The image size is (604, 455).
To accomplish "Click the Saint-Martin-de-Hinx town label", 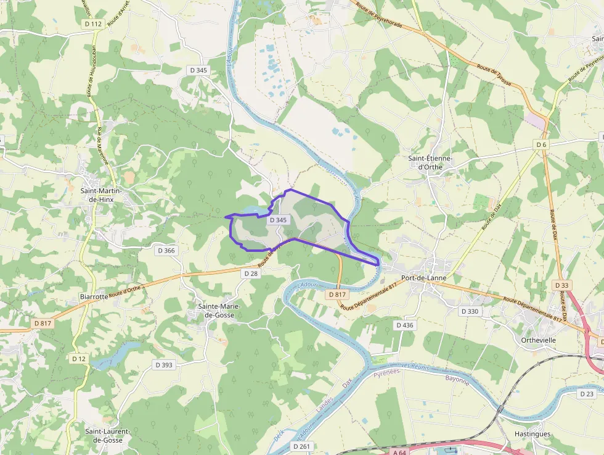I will coord(100,195).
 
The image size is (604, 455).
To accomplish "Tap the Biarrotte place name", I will coord(94,296).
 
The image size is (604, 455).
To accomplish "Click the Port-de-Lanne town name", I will coord(423,278).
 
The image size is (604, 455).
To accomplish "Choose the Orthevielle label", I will coord(538,340).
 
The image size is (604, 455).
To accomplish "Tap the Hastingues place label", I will coord(533,434).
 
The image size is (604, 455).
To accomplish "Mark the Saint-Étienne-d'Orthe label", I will coord(430,162).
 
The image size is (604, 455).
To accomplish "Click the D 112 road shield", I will coord(93,23).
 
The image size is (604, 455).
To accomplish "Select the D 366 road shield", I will coord(166,251).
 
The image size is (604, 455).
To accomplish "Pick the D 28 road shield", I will coord(250,273).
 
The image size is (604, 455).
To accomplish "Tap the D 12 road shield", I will coord(78,359).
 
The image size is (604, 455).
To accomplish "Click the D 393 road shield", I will coord(164,365).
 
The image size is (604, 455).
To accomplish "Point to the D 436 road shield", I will coord(404,325).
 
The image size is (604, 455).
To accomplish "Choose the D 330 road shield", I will coord(470,311).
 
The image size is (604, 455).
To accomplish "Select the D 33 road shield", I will coord(561,285).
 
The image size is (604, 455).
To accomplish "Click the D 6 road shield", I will coord(541,144).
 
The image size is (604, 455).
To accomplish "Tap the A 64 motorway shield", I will coord(399,451).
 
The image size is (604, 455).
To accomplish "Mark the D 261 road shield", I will coord(302,446).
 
